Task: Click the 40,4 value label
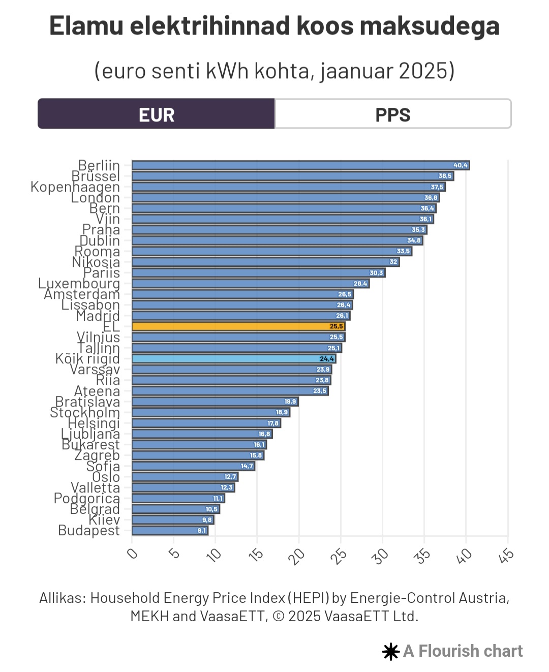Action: click(x=461, y=165)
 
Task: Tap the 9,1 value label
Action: click(x=202, y=531)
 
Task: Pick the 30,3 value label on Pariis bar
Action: click(x=376, y=273)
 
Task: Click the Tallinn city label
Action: click(x=99, y=348)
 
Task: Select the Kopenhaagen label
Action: click(x=75, y=187)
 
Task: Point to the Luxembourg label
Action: click(x=79, y=283)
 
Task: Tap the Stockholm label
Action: click(x=85, y=412)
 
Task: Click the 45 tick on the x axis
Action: click(x=506, y=556)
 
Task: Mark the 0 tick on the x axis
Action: click(x=132, y=553)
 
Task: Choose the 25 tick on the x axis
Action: click(x=339, y=556)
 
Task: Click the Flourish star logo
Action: click(x=390, y=652)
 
